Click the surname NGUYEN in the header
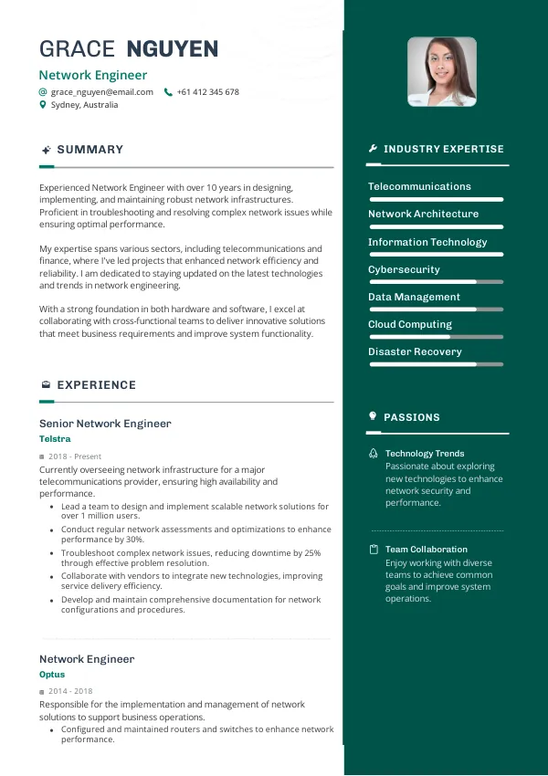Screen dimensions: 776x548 click(173, 49)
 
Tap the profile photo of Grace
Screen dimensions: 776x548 click(442, 71)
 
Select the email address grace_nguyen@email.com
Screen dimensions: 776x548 click(101, 92)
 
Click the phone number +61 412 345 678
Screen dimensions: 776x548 click(207, 92)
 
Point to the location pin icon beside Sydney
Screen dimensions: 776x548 click(43, 105)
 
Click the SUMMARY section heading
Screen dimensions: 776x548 click(90, 150)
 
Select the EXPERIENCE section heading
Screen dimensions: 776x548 click(96, 385)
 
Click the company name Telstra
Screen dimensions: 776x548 click(55, 439)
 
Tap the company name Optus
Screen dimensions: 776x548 click(52, 675)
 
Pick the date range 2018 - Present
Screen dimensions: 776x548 click(75, 456)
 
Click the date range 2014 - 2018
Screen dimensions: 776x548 click(70, 691)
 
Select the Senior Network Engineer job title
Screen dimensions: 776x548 click(105, 424)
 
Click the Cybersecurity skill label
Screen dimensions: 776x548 click(404, 269)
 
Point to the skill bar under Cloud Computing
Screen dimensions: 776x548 click(436, 337)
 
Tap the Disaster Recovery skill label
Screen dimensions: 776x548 click(415, 351)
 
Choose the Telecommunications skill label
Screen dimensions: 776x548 click(419, 186)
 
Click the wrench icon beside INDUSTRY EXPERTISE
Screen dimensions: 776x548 click(373, 149)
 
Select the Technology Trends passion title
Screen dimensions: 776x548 click(425, 453)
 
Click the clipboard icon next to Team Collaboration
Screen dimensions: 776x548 click(374, 550)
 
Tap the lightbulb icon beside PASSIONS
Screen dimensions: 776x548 click(373, 416)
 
